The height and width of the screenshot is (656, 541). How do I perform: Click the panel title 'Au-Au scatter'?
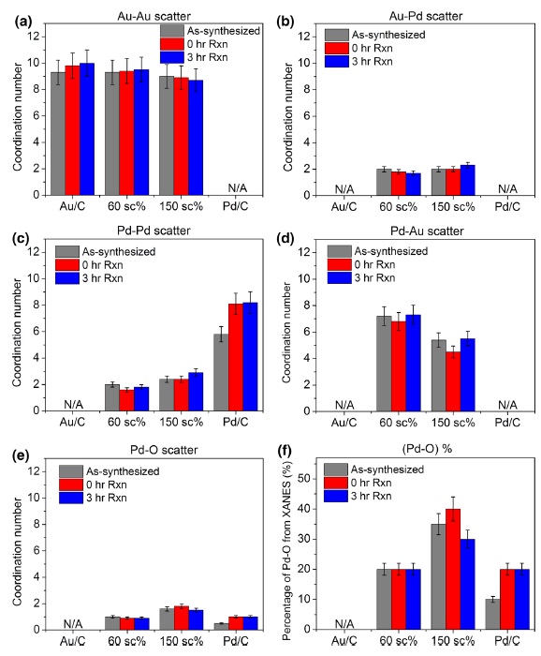pyautogui.click(x=154, y=16)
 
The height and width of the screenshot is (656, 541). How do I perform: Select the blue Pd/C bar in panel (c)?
pyautogui.click(x=250, y=356)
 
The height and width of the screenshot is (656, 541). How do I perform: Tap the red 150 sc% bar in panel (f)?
pyautogui.click(x=453, y=569)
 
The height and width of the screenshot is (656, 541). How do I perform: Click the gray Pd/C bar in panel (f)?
pyautogui.click(x=492, y=614)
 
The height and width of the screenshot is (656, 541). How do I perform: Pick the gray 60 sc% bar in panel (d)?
pyautogui.click(x=384, y=364)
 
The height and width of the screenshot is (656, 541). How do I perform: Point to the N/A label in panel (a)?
pyautogui.click(x=238, y=188)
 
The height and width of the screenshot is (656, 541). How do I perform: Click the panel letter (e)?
pyautogui.click(x=22, y=455)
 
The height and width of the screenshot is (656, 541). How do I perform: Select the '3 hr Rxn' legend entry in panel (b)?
pyautogui.click(x=358, y=62)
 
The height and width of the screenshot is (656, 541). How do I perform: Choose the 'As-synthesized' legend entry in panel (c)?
pyautogui.click(x=105, y=251)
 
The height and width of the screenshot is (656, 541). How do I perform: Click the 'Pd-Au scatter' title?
pyautogui.click(x=427, y=231)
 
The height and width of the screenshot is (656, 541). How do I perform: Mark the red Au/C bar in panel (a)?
pyautogui.click(x=72, y=130)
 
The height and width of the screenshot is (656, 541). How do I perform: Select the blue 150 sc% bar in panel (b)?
pyautogui.click(x=467, y=180)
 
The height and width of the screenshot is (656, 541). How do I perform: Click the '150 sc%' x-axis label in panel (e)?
pyautogui.click(x=181, y=641)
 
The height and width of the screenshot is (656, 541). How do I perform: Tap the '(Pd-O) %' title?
pyautogui.click(x=427, y=449)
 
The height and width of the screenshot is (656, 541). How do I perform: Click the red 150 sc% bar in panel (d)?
pyautogui.click(x=453, y=381)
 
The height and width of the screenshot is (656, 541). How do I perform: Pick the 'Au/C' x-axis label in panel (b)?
pyautogui.click(x=344, y=206)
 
